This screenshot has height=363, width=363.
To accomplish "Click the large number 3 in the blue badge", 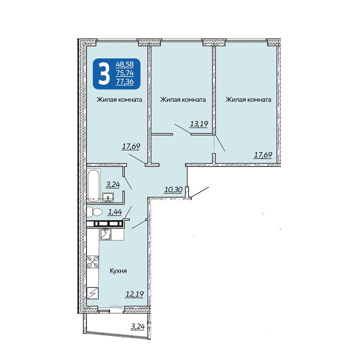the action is click(104, 74).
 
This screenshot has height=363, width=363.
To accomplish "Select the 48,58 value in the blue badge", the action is click(125, 64).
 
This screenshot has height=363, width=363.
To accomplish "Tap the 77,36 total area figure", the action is click(125, 81).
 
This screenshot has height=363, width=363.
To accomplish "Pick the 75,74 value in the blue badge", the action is click(125, 73).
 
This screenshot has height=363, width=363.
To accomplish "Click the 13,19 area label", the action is click(199, 124).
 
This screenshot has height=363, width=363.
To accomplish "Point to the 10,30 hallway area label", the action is click(173, 190).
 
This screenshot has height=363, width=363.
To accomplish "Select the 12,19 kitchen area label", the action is click(135, 294).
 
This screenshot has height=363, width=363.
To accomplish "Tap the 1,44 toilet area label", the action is click(115, 212).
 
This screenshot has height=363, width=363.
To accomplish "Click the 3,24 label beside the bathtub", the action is click(113, 184).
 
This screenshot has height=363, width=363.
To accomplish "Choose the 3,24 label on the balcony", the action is click(138, 326).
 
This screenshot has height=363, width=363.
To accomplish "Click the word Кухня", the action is click(118, 271).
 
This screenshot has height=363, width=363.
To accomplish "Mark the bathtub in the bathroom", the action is click(94, 186).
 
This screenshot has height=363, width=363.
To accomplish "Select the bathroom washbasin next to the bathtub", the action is click(108, 197).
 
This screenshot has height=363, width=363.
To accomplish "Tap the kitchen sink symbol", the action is click(105, 234).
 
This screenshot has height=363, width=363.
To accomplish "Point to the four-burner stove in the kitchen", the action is click(93, 262).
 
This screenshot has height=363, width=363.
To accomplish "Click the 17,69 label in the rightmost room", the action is click(263, 155).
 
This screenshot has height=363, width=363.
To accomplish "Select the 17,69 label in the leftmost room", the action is click(131, 146).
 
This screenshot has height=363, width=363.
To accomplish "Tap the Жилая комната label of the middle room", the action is click(183, 100).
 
